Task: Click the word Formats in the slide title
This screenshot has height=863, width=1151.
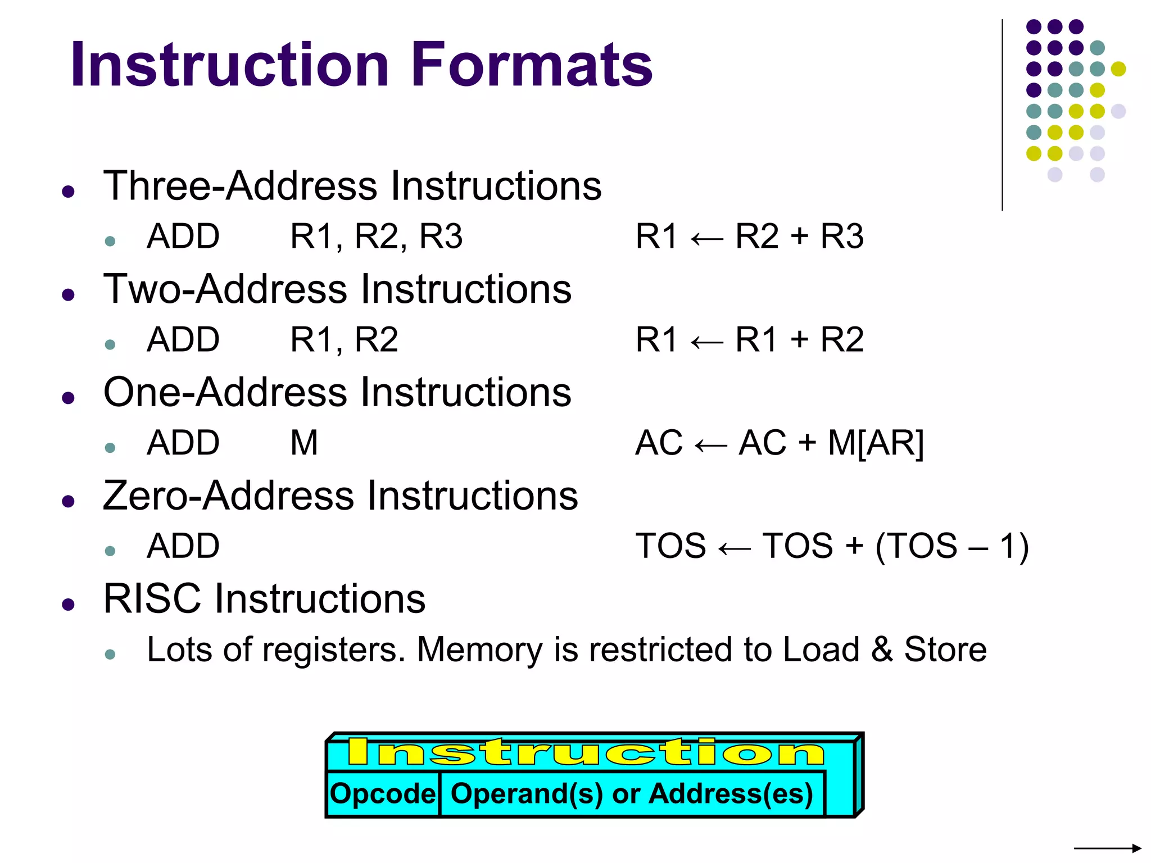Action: click(x=531, y=65)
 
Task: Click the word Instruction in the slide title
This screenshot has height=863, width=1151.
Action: click(x=229, y=65)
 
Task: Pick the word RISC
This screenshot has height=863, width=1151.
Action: click(x=152, y=599)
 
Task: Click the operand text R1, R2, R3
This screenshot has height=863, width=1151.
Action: click(x=376, y=236)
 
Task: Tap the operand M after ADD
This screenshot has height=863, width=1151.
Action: click(x=304, y=443)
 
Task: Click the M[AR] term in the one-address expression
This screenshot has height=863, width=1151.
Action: click(x=876, y=443)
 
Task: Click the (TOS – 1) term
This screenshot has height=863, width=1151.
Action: click(x=952, y=546)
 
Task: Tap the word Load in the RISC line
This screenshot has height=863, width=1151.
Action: click(x=821, y=649)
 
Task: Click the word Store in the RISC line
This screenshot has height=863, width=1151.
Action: click(x=945, y=649)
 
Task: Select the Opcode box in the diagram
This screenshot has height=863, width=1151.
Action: click(x=383, y=793)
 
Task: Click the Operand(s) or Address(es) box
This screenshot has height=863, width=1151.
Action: click(x=632, y=793)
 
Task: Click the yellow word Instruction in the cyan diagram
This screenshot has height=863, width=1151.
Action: click(x=586, y=752)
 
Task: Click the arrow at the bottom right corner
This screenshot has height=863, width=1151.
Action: click(x=1107, y=848)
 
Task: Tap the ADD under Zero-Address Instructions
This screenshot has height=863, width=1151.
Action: click(x=183, y=546)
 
